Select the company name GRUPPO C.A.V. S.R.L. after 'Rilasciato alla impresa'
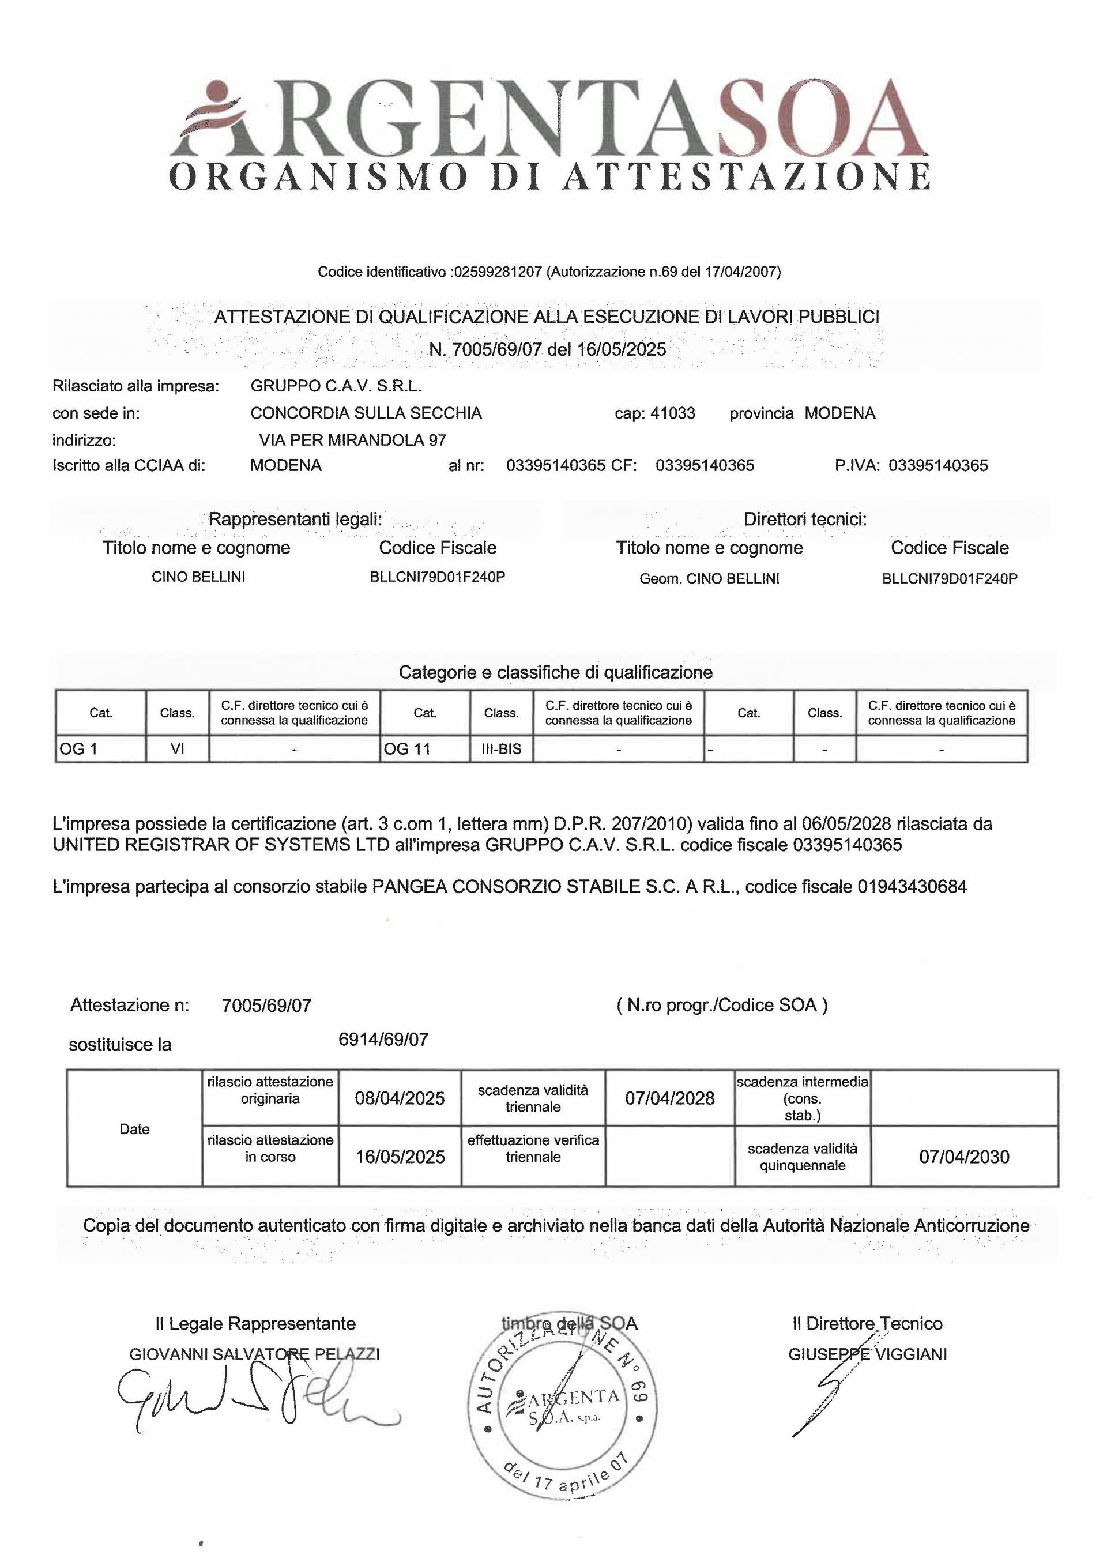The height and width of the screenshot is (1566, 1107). click(x=336, y=386)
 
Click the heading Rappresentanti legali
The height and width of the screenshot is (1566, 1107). click(x=295, y=519)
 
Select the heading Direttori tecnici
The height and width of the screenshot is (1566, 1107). click(x=805, y=519)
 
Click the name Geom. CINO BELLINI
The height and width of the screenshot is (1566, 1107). click(x=709, y=578)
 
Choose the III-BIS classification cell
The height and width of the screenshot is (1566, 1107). click(x=502, y=749)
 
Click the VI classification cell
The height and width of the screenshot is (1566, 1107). click(x=178, y=749)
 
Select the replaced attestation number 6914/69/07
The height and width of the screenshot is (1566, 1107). click(x=383, y=1040)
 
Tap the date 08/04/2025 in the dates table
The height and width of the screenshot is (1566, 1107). click(x=400, y=1098)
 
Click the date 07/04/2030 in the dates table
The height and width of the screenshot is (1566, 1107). click(x=964, y=1157)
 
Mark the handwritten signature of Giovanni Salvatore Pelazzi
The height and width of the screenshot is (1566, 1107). click(x=253, y=1402)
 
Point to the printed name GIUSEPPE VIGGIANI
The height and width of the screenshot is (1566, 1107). click(x=867, y=1354)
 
